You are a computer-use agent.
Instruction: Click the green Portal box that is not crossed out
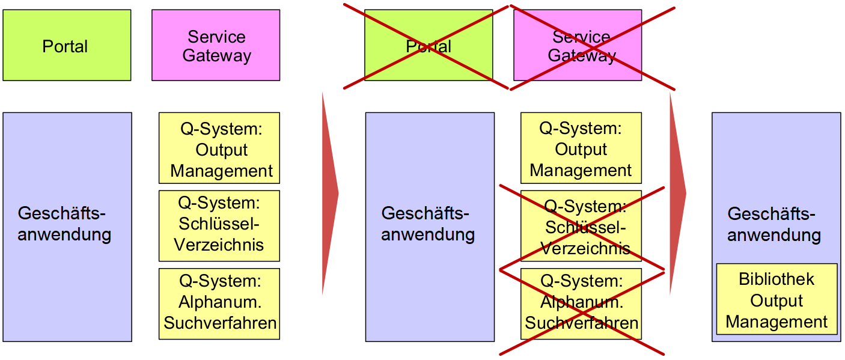(67, 45)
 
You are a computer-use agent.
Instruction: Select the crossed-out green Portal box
(429, 45)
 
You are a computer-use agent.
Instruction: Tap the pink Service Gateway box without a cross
(216, 45)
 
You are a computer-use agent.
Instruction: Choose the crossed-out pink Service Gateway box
(578, 45)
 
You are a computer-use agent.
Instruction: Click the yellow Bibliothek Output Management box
(776, 299)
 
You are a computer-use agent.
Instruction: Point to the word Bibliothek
(776, 279)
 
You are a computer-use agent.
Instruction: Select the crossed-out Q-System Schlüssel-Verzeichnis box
(581, 226)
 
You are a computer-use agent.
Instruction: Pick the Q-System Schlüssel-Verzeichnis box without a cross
(219, 226)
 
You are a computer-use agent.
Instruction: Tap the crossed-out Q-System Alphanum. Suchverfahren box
(581, 304)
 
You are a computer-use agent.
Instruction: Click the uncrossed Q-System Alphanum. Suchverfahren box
(219, 304)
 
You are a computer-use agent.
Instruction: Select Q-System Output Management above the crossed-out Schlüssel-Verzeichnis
(581, 148)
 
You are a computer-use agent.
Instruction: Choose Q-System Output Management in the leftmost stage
(219, 148)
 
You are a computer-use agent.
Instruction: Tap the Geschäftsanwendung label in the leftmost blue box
(64, 224)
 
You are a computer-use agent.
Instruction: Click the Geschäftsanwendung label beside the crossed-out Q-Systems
(428, 224)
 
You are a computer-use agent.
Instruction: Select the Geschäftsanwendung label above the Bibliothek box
(774, 224)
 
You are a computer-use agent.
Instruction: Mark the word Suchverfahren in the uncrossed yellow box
(220, 323)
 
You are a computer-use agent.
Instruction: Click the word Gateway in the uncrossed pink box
(216, 56)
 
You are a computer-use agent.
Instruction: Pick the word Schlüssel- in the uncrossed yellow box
(219, 224)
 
